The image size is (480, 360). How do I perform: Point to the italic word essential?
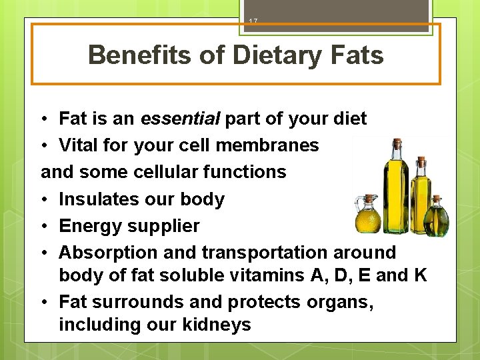pyautogui.click(x=180, y=119)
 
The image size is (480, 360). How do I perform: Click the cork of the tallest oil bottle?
pyautogui.click(x=397, y=143)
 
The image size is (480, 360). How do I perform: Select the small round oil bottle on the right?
pyautogui.click(x=437, y=217)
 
